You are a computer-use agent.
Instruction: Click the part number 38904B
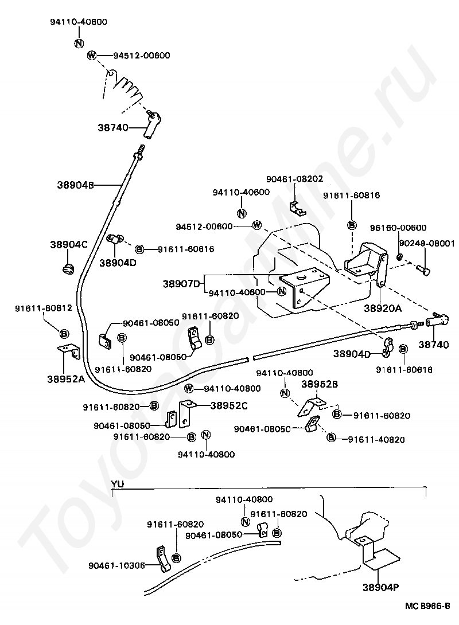click(x=75, y=185)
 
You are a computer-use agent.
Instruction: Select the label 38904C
click(x=69, y=244)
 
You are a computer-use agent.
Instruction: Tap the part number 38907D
click(x=181, y=284)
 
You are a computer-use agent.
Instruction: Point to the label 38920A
click(x=383, y=308)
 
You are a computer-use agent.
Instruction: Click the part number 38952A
click(x=66, y=379)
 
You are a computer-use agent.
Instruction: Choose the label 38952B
click(x=320, y=384)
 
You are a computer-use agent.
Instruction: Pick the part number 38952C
click(x=229, y=405)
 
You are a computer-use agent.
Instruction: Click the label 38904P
click(x=381, y=587)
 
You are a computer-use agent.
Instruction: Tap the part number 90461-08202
click(x=295, y=179)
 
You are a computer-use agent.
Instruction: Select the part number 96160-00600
click(x=398, y=228)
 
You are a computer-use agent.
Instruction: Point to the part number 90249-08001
click(x=427, y=243)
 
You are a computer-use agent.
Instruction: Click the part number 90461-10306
click(x=116, y=565)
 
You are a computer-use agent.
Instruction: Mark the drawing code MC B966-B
click(x=427, y=606)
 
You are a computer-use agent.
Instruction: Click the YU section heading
click(x=117, y=484)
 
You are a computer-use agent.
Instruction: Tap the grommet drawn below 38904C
click(x=69, y=269)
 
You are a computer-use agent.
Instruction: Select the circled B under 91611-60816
click(x=352, y=225)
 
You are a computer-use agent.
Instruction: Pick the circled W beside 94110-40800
click(x=189, y=388)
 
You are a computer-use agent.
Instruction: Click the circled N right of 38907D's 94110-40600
click(x=282, y=292)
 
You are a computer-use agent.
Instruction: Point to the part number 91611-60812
click(x=44, y=308)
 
